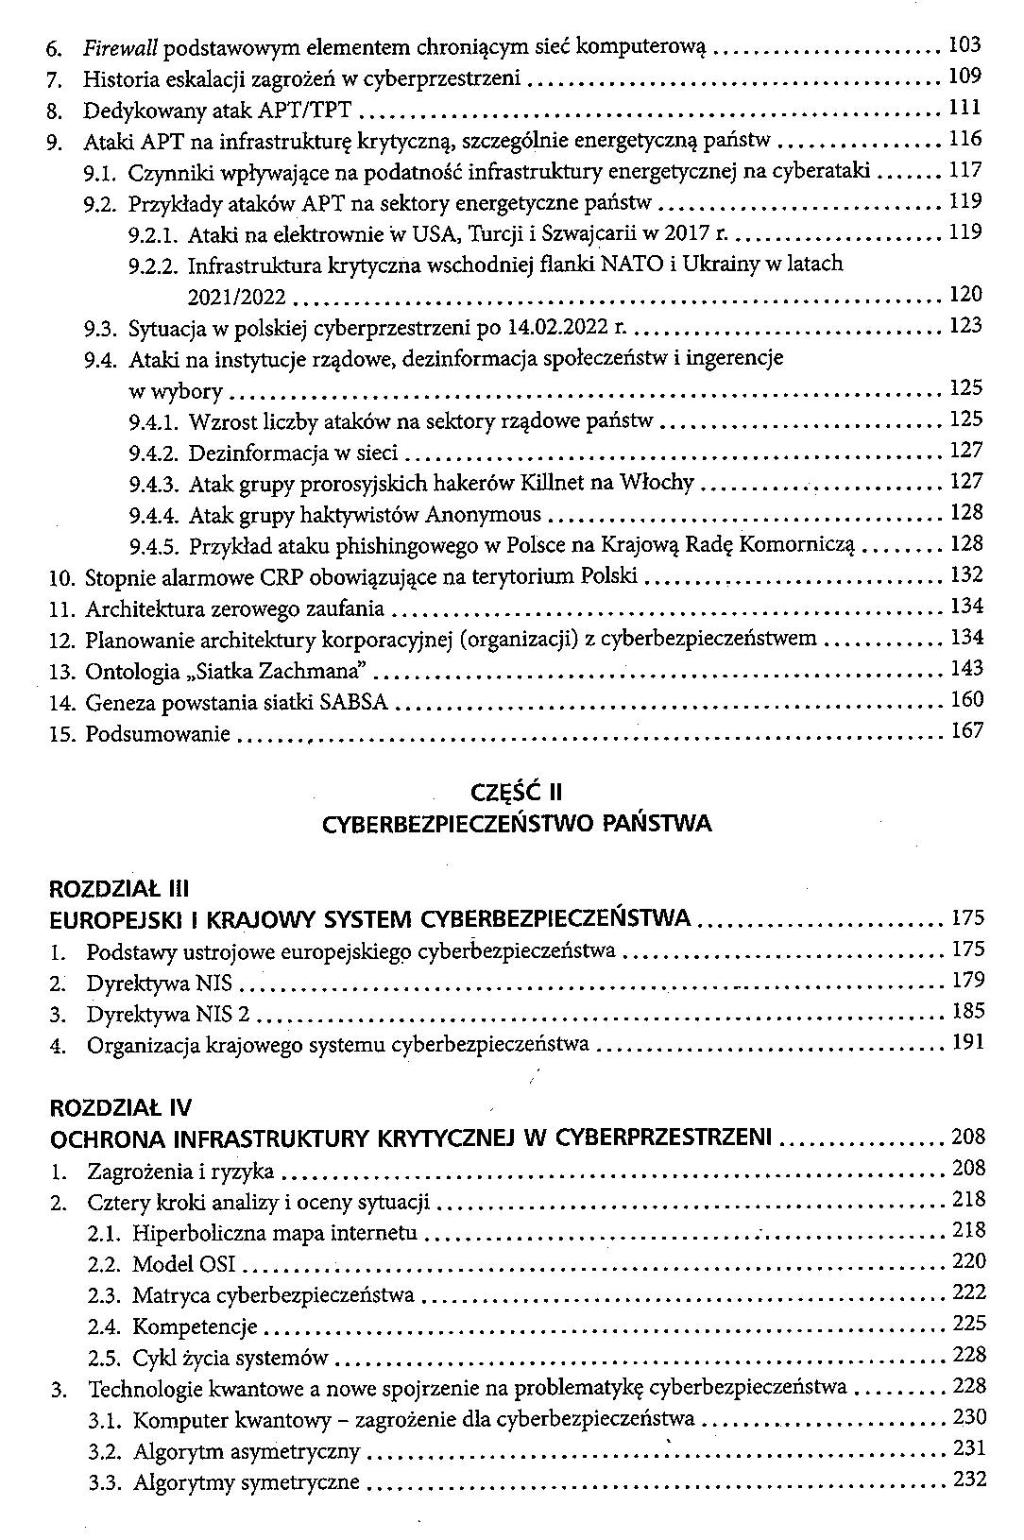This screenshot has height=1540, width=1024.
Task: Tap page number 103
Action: point(964,44)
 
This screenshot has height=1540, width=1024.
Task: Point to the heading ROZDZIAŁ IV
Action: point(120,1106)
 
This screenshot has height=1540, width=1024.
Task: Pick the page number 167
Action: point(965,730)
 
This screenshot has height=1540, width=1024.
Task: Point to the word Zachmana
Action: point(317,671)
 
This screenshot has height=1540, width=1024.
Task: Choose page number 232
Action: point(969,1479)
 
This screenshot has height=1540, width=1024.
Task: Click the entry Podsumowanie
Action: point(158,733)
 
